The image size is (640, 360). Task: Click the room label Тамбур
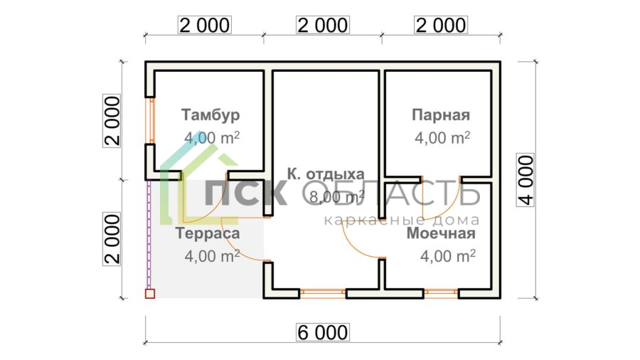(210, 115)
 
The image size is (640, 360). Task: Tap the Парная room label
(441, 115)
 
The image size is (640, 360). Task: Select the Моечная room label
(441, 233)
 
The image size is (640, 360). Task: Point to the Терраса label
(207, 233)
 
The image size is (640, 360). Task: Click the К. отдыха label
(326, 174)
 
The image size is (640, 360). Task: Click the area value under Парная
(442, 137)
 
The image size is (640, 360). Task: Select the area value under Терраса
(212, 255)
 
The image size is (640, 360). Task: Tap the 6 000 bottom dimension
(323, 332)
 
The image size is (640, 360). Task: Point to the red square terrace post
(149, 292)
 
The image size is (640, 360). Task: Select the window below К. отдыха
(322, 292)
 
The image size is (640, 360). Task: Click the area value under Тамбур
(212, 137)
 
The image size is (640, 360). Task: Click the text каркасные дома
(401, 221)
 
